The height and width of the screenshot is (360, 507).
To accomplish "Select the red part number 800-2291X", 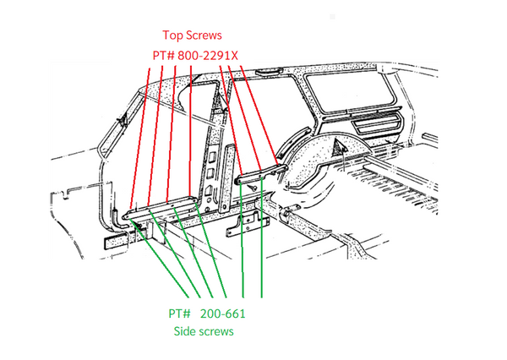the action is [x=208, y=56].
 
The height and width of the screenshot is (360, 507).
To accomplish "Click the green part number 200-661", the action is [x=222, y=314].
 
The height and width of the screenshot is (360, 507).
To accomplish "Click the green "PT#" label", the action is [x=179, y=314].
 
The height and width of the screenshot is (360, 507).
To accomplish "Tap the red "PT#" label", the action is [x=164, y=56].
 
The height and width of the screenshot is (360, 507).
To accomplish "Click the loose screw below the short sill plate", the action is [x=253, y=187].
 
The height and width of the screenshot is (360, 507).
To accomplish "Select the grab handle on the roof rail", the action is [x=269, y=72].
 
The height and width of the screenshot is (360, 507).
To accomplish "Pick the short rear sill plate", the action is [x=260, y=175].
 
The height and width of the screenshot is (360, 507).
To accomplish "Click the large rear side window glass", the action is [x=350, y=91].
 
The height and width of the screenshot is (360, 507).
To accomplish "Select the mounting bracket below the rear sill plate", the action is [x=248, y=224].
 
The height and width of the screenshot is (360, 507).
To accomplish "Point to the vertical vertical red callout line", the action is [x=190, y=133].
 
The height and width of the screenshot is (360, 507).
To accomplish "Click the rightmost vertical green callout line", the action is [x=262, y=237].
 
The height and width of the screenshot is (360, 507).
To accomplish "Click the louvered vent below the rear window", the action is [x=376, y=123].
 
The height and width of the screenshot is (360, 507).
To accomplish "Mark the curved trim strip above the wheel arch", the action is [x=292, y=142].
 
